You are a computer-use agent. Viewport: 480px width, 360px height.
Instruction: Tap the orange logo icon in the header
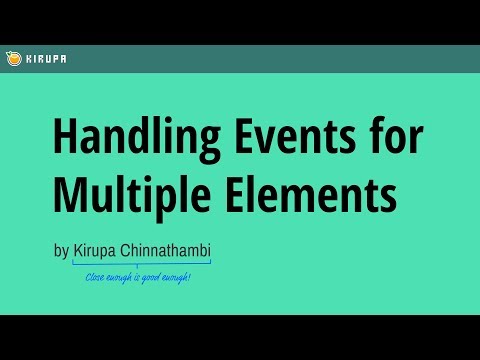11,58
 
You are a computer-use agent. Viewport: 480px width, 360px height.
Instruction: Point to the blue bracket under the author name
141,263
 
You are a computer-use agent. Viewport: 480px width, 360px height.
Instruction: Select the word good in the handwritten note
148,275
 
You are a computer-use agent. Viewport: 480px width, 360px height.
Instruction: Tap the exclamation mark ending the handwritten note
189,275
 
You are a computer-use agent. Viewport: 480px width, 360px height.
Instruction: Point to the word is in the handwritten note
133,275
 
